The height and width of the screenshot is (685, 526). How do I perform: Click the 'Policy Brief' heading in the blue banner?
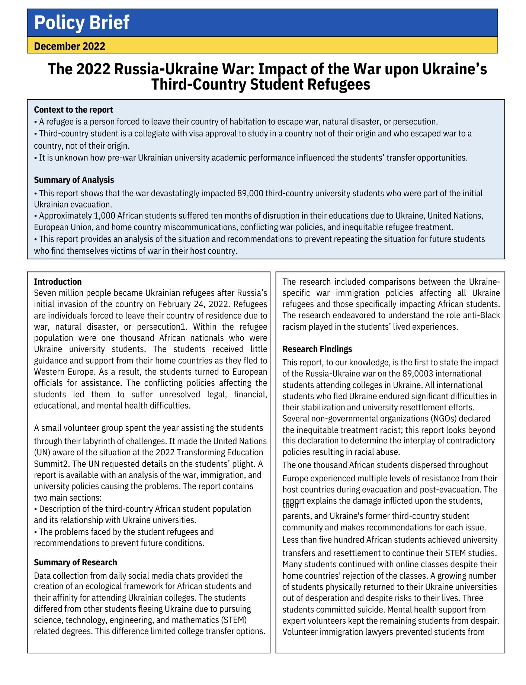[81, 22]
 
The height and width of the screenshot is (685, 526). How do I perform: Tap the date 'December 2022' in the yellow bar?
[70, 46]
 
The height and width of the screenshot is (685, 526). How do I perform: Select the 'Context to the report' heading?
[73, 110]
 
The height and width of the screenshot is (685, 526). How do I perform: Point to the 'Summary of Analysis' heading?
[74, 180]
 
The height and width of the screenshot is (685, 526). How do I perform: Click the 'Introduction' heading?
[58, 282]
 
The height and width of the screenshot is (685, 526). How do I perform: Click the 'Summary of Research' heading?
[75, 562]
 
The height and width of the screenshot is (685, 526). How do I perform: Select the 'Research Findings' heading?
[317, 349]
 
